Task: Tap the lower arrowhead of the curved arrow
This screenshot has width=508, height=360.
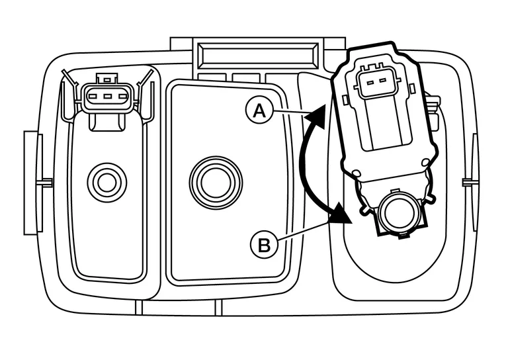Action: (x=341, y=216)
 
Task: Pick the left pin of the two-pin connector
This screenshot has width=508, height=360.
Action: (x=370, y=83)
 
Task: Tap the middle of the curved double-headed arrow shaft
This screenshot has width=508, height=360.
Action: (x=305, y=165)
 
